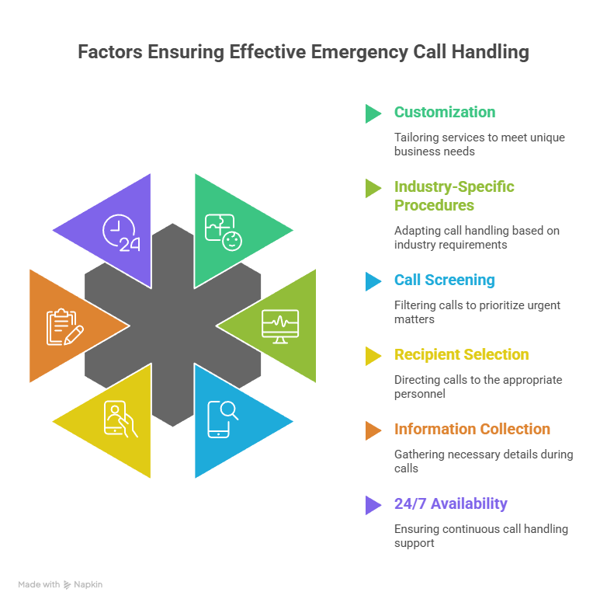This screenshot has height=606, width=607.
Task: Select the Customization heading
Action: click(444, 112)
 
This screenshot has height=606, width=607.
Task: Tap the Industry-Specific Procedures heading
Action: click(453, 196)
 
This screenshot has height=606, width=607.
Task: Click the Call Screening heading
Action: click(444, 280)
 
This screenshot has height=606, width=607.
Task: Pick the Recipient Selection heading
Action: click(461, 354)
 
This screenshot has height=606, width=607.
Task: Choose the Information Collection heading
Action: click(472, 429)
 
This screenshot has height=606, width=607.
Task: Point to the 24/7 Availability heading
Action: click(450, 503)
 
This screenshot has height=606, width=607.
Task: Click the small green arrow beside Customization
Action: click(373, 113)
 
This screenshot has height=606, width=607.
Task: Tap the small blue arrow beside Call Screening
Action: click(373, 281)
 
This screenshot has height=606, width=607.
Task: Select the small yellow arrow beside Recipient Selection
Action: click(373, 356)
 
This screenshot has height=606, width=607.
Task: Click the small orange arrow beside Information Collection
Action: click(373, 430)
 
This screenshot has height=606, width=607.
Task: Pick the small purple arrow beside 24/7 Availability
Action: click(373, 505)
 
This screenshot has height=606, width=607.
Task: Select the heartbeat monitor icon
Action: click(279, 326)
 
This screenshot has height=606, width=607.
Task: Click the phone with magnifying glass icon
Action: click(223, 420)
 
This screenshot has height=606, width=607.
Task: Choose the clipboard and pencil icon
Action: click(65, 326)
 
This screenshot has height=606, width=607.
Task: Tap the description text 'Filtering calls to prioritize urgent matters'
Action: click(477, 312)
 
